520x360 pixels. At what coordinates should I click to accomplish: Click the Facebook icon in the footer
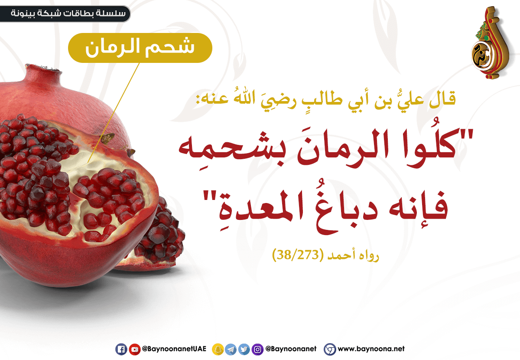click(x=121, y=349)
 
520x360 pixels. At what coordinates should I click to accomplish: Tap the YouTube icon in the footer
click(x=134, y=349)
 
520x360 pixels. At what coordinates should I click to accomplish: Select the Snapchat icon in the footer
click(x=218, y=349)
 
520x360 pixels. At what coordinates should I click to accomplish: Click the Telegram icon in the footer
click(x=231, y=349)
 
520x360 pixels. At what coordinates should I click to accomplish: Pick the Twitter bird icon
click(x=244, y=349)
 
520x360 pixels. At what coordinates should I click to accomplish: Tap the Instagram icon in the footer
click(x=257, y=349)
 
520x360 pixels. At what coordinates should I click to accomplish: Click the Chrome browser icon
click(x=330, y=349)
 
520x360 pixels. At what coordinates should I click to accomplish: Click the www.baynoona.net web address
click(x=371, y=349)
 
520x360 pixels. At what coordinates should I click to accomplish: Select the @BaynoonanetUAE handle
click(x=174, y=349)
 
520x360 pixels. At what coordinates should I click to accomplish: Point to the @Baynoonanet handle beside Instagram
click(x=291, y=349)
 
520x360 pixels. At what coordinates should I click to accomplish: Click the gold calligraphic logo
click(x=489, y=43)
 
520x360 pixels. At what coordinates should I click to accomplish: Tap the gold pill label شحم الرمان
click(x=140, y=48)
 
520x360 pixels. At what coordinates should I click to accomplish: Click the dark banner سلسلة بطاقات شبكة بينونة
click(x=65, y=14)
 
